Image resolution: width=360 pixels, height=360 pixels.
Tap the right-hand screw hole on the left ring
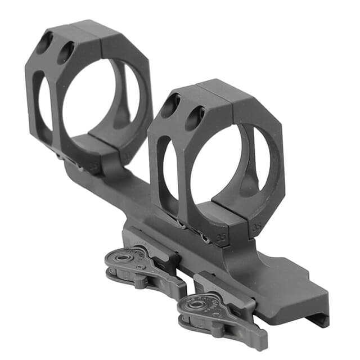click(x=65, y=52)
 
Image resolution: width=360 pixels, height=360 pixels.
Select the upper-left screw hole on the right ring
click(x=170, y=105)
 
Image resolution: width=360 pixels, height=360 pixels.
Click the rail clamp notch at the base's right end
click(x=321, y=318)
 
